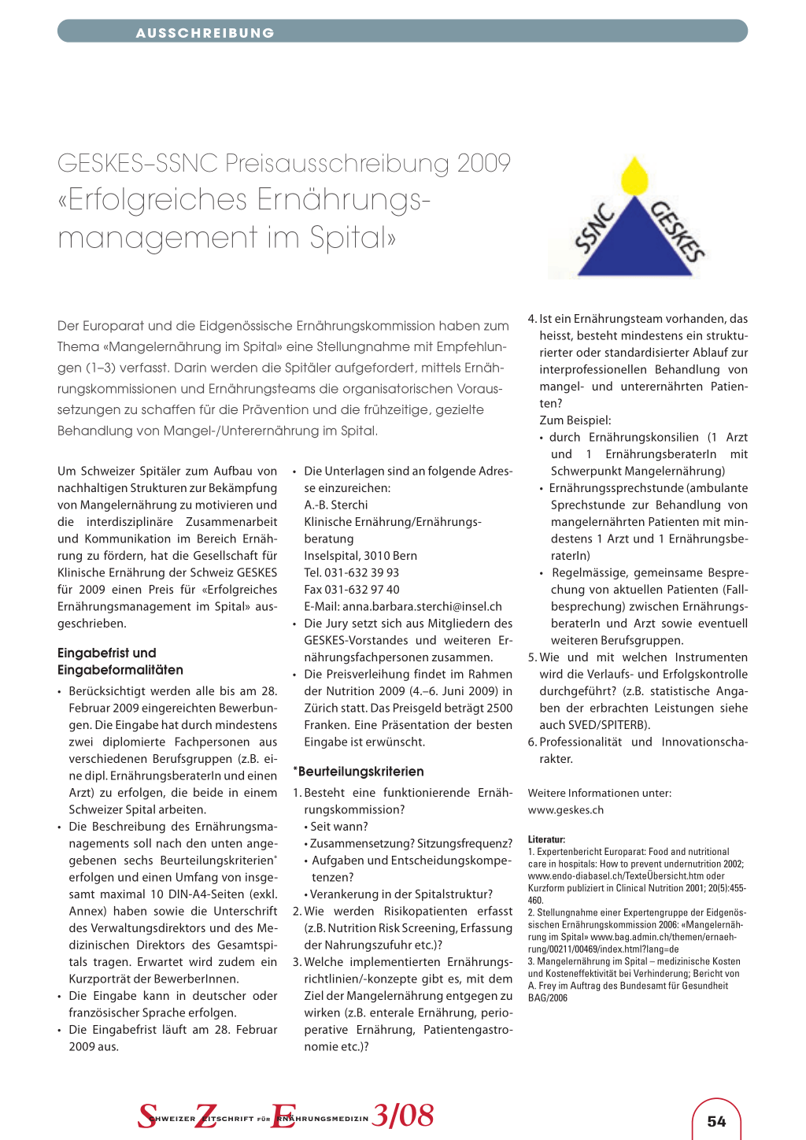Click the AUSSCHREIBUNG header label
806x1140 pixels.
(205, 33)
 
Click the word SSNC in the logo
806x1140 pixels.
(595, 228)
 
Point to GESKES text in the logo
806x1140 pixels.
(678, 231)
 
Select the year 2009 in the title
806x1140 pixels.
(483, 163)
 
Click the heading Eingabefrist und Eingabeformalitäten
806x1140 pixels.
(120, 661)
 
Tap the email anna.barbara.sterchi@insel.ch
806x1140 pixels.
(403, 606)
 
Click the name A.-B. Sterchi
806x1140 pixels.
(336, 505)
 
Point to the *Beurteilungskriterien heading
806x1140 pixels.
(359, 772)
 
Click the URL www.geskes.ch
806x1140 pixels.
(566, 809)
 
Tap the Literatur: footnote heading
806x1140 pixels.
(546, 839)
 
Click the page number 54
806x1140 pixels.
(716, 1121)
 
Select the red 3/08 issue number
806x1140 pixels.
(403, 1115)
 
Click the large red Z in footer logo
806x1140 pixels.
(206, 1116)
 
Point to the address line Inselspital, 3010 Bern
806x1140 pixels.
(360, 555)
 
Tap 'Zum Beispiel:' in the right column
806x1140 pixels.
(575, 420)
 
